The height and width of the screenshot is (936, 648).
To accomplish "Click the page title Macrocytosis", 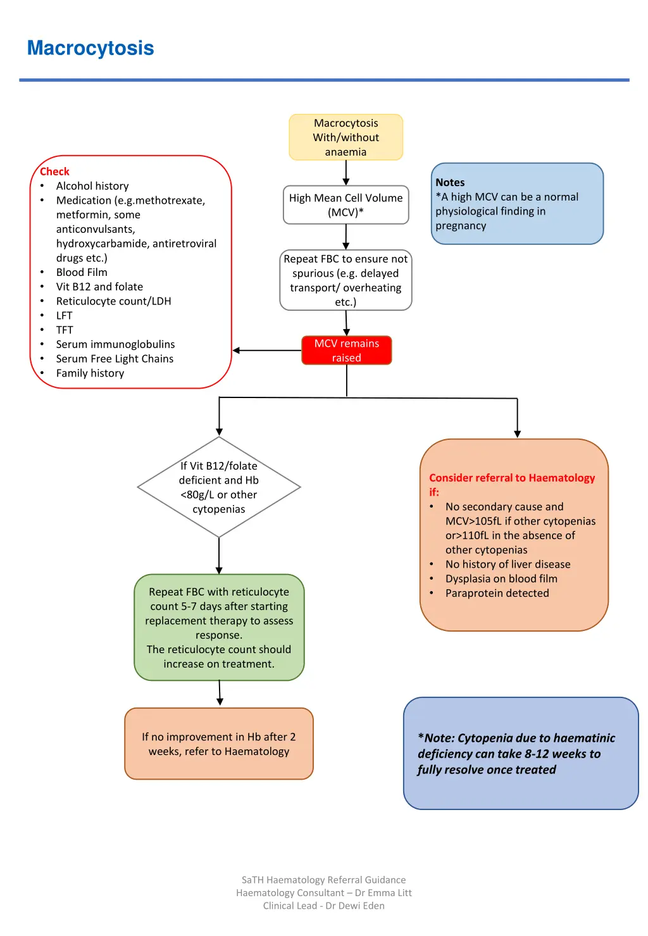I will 90,48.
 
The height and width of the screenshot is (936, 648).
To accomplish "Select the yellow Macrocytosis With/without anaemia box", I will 346,137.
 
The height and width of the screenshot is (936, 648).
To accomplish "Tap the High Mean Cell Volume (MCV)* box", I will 346,205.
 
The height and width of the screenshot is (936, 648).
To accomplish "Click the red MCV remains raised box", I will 346,351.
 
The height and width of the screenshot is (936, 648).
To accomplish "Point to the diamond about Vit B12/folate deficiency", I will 219,487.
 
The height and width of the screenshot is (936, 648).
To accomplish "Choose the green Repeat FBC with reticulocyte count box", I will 219,627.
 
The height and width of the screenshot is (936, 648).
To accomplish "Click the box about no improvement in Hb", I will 219,744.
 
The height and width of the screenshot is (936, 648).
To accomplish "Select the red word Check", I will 54,172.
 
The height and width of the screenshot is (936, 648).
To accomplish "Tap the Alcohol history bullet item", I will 92,186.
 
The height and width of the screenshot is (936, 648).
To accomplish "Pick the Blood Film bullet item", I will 82,272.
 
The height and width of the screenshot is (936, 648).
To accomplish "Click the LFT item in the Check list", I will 65,316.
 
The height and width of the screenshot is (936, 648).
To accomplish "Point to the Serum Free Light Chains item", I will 115,359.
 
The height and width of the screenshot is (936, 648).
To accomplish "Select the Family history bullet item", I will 90,373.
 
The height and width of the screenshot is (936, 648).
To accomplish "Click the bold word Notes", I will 450,182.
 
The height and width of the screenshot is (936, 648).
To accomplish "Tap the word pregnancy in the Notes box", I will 461,226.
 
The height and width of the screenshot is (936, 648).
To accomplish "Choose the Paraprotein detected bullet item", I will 497,593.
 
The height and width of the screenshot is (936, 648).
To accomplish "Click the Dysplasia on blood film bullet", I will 501,578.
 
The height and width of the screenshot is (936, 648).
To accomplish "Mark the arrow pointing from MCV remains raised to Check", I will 266,351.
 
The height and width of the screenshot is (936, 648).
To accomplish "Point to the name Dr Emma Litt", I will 383,893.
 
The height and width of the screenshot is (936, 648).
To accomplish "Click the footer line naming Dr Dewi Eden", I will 323,906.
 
